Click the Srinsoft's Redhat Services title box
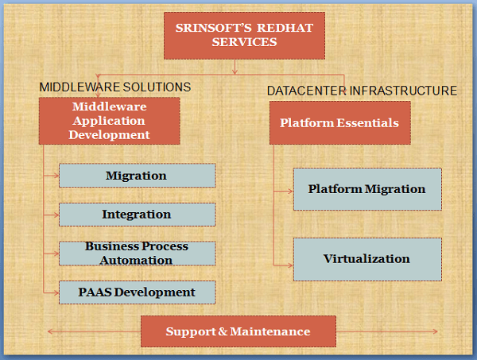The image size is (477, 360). (244, 36)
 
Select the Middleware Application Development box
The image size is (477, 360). (110, 121)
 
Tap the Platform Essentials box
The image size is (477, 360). (340, 123)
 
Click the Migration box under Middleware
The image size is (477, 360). (138, 176)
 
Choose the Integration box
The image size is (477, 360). (138, 215)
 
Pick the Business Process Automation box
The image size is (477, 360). (138, 254)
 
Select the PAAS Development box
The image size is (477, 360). (138, 292)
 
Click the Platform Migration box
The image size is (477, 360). (367, 189)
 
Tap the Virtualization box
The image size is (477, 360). (367, 259)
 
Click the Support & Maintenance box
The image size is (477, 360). (238, 331)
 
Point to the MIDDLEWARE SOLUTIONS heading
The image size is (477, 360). (115, 87)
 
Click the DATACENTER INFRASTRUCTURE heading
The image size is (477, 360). (362, 91)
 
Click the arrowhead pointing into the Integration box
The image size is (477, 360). (56, 215)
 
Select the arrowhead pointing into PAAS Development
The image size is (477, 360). (56, 292)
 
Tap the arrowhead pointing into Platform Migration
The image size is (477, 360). (290, 192)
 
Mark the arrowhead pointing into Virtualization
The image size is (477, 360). (290, 265)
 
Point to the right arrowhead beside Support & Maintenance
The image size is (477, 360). (435, 331)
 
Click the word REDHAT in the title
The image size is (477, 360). (285, 28)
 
